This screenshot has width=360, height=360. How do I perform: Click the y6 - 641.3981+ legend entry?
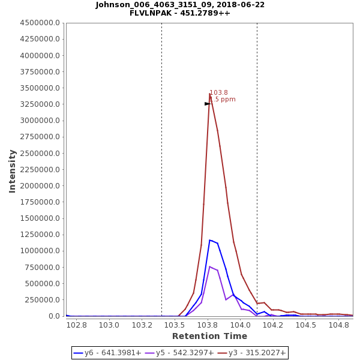tap(107, 353)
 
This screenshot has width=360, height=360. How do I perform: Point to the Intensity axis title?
tap(12, 171)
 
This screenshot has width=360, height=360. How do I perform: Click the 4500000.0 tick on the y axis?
tap(40, 23)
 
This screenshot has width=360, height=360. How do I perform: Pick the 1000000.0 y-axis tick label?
tap(40, 251)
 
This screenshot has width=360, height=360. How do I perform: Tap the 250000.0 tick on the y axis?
tap(42, 299)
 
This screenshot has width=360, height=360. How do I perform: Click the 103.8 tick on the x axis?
tap(208, 325)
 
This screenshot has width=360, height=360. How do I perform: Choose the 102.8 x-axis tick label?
tap(77, 325)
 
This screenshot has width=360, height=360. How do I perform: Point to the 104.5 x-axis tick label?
tap(306, 325)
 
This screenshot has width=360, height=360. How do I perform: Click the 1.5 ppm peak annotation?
tap(223, 100)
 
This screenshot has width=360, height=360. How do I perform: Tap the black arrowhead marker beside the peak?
tap(208, 104)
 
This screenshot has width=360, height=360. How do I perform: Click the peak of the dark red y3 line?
tap(210, 94)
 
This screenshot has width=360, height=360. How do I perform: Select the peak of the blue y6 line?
tap(210, 240)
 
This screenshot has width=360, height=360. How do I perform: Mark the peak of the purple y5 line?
tap(210, 266)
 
